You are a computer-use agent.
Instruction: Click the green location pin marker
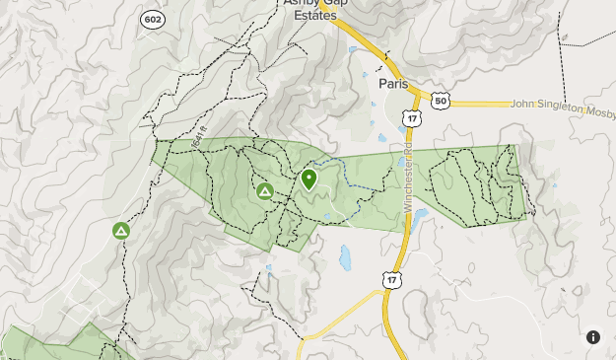(x=308, y=180)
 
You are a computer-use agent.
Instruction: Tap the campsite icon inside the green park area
(x=264, y=191)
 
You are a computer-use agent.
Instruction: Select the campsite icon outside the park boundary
(x=120, y=231)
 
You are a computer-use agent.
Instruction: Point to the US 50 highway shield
(x=441, y=101)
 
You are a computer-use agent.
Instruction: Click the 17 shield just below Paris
(x=410, y=118)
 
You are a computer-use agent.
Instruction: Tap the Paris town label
(x=393, y=84)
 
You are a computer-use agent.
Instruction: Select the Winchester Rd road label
(x=407, y=181)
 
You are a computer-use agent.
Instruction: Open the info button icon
(x=593, y=337)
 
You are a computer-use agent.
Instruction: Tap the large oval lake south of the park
(x=346, y=258)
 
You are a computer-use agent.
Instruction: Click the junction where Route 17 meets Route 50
(x=415, y=100)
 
